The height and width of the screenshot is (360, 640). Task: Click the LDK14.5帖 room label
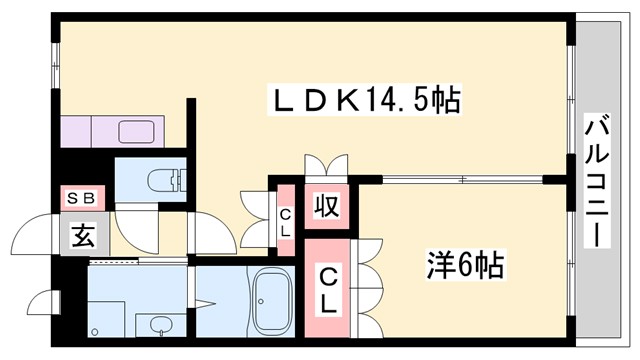pyautogui.click(x=366, y=100)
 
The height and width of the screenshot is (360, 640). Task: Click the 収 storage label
pyautogui.click(x=326, y=208)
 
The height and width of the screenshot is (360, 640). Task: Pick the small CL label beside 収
pyautogui.click(x=285, y=220)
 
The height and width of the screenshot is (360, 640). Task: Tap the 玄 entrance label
pyautogui.click(x=85, y=238)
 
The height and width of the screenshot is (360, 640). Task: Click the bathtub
pyautogui.click(x=272, y=303)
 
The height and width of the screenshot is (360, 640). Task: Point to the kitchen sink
pyautogui.click(x=135, y=131)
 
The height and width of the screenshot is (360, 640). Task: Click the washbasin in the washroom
pyautogui.click(x=156, y=324)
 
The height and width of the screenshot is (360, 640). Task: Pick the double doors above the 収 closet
pyautogui.click(x=327, y=166)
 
